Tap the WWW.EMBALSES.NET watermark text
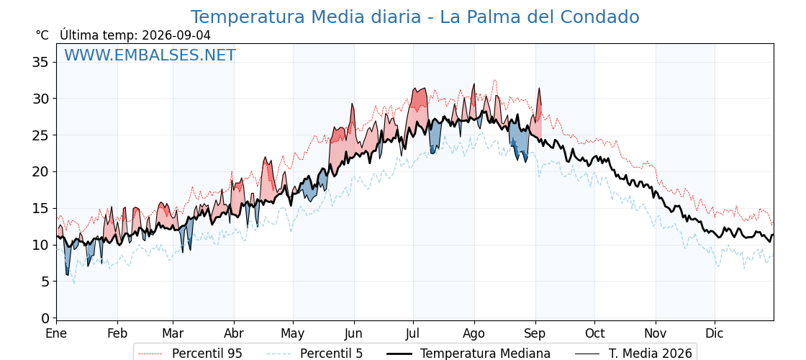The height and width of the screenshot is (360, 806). [x=150, y=55]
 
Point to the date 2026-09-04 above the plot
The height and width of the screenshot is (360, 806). [x=176, y=35]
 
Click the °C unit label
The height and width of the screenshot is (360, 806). [x=42, y=35]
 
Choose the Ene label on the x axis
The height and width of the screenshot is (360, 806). [x=56, y=333]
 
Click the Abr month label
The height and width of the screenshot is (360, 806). [x=234, y=333]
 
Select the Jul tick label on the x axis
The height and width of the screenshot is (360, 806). [x=413, y=333]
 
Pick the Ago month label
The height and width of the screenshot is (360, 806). [x=474, y=333]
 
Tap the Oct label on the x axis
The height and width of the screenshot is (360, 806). [x=594, y=333]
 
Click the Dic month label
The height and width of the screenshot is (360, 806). [x=715, y=333]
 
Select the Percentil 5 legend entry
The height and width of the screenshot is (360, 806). [x=314, y=354]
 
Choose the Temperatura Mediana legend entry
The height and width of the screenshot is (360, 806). [x=468, y=354]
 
